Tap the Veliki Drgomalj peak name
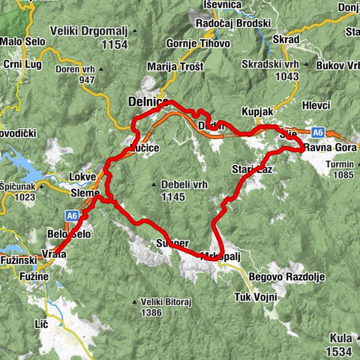pyautogui.click(x=88, y=31)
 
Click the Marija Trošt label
pyautogui.click(x=175, y=67)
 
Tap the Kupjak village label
pyautogui.click(x=257, y=112)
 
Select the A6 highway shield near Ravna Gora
pyautogui.click(x=319, y=133)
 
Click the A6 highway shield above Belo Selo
pyautogui.click(x=72, y=216)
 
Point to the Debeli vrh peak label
pyautogui.click(x=178, y=184)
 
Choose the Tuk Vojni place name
pyautogui.click(x=256, y=297)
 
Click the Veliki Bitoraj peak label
pyautogui.click(x=161, y=302)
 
